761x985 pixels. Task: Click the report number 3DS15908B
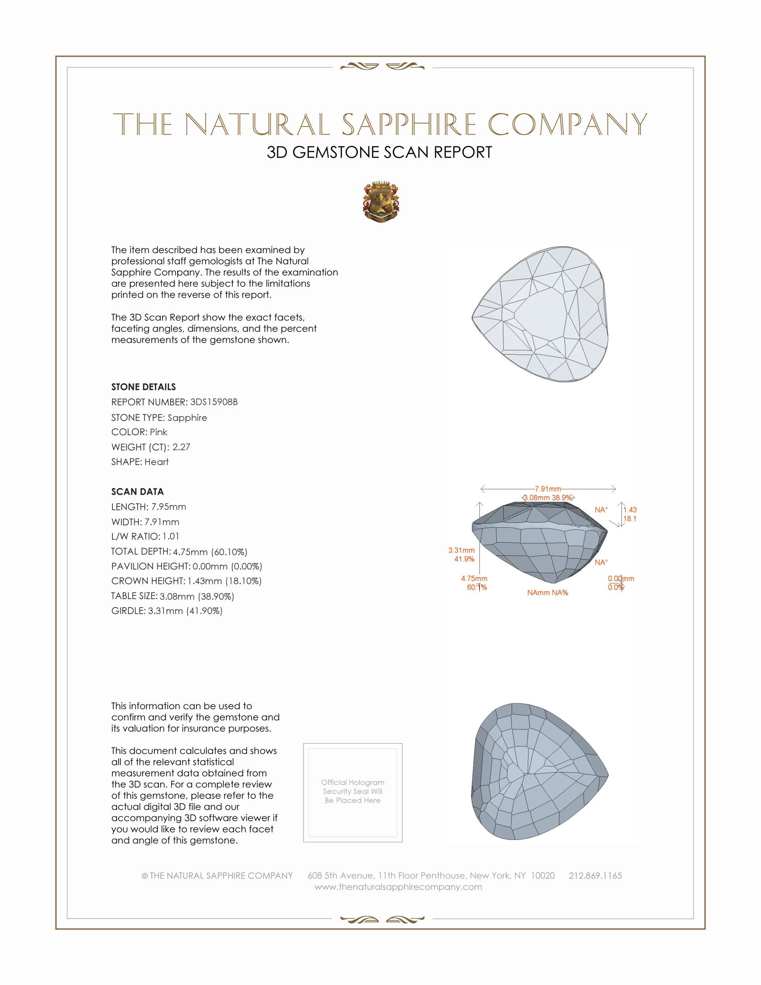214,402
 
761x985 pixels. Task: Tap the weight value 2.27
181,447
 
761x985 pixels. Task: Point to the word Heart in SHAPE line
156,462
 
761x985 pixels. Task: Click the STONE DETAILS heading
143,387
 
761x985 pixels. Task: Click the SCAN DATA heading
137,492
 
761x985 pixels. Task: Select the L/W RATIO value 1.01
171,536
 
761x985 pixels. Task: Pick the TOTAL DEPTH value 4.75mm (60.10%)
210,552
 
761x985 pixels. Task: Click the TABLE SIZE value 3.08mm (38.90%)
197,596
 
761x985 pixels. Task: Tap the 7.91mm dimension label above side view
548,489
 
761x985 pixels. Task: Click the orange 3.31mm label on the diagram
461,550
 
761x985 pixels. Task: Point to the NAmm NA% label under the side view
547,593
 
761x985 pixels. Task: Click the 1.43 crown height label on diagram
630,510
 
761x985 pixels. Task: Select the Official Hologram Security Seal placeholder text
353,791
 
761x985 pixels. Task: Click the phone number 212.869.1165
595,875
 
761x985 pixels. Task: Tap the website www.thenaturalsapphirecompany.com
398,886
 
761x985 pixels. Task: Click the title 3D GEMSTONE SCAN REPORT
379,152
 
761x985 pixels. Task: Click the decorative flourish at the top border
382,67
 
